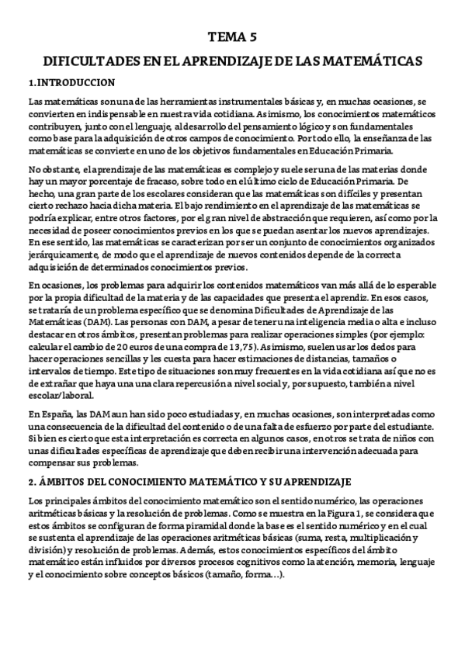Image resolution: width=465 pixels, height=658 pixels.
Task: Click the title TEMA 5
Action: (232, 36)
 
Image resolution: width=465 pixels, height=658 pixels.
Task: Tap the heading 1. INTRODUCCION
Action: (71, 82)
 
